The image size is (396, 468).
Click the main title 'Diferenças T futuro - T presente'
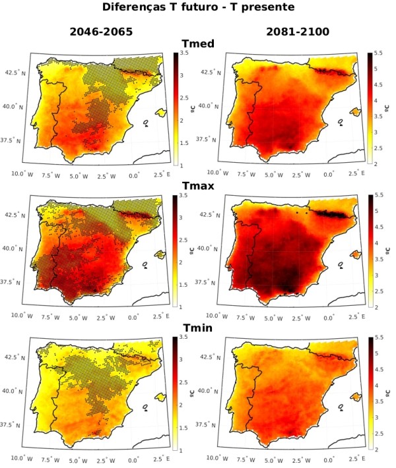(x=198, y=8)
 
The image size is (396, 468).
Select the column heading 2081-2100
(x=297, y=31)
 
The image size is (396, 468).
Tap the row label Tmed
(x=197, y=44)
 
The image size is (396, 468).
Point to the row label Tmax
(x=197, y=187)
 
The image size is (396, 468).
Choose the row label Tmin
(x=197, y=329)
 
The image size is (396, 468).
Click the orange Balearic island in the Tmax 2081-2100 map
(x=357, y=254)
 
